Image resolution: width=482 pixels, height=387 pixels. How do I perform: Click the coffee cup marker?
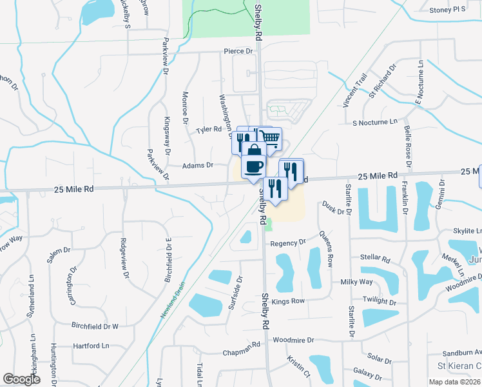point(252,166)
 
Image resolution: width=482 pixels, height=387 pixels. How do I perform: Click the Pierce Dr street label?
point(238,51)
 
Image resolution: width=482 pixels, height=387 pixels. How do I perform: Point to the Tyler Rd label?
point(209,130)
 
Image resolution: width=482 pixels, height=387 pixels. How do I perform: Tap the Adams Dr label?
point(197,165)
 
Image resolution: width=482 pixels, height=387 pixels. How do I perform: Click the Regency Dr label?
point(287,243)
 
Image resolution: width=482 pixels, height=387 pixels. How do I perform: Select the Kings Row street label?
point(288,301)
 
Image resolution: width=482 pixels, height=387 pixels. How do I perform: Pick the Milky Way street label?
point(357,282)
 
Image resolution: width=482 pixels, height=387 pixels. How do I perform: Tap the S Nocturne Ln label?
point(375,122)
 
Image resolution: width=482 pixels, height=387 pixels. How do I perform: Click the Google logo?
point(21,379)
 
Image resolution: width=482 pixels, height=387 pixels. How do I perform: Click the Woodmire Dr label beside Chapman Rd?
point(293,340)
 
